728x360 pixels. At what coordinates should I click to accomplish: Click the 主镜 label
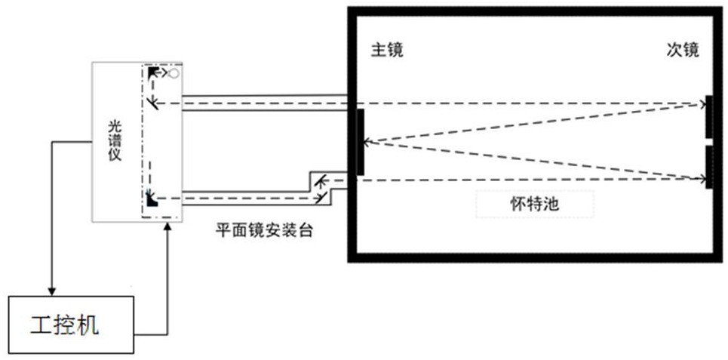coord(387,50)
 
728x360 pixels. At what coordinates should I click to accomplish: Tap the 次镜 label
coord(683,50)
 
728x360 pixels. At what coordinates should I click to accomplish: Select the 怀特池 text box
coord(534,204)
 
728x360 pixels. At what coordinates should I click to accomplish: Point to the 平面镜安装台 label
coord(264,230)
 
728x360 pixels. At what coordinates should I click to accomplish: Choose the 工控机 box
coord(72,325)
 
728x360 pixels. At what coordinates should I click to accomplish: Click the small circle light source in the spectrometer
coord(174,73)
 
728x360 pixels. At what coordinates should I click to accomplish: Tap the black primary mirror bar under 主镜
coord(361,142)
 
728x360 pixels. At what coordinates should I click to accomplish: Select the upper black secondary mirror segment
coord(709,116)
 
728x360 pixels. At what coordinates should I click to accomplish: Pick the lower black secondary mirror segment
coord(709,168)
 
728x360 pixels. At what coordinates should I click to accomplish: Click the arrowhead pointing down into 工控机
coord(51,291)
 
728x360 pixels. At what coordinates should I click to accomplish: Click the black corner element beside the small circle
coord(152,72)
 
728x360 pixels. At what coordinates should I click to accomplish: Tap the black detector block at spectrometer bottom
coord(152,201)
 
